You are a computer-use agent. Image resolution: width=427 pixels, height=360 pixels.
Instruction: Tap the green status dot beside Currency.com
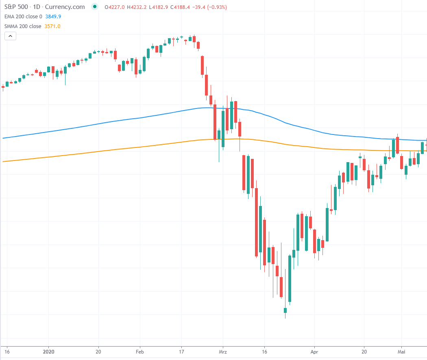pyautogui.click(x=95, y=7)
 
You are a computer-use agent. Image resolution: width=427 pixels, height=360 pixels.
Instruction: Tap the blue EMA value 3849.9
pyautogui.click(x=54, y=17)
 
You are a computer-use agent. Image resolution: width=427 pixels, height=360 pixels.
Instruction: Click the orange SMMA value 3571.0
pyautogui.click(x=52, y=26)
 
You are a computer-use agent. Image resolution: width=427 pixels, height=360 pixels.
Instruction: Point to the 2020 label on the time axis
pyautogui.click(x=48, y=351)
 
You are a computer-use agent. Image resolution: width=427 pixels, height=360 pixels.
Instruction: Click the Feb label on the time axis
pyautogui.click(x=140, y=351)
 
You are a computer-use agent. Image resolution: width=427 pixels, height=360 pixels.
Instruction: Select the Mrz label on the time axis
pyautogui.click(x=222, y=351)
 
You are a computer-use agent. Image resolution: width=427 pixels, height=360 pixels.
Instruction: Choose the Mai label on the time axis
pyautogui.click(x=401, y=351)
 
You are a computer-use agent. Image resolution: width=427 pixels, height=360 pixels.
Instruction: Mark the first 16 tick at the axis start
pyautogui.click(x=6, y=351)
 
